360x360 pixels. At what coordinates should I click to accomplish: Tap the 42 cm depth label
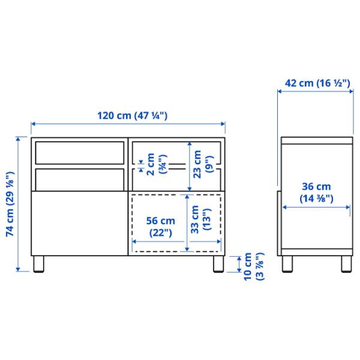point(317,84)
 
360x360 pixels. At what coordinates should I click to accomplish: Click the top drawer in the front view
point(79,152)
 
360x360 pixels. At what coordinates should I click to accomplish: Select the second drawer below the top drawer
point(79,178)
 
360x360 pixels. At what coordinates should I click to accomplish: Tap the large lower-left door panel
point(79,222)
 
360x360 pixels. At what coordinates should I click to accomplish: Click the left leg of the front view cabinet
point(40,265)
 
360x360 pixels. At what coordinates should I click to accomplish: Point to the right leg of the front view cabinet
point(215,265)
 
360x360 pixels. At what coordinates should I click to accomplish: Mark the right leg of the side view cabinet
point(346,265)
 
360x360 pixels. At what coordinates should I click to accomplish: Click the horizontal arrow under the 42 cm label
point(316,92)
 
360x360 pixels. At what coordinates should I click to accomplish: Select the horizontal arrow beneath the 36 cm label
point(317,208)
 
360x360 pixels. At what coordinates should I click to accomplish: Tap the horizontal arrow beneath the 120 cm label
point(128,125)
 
